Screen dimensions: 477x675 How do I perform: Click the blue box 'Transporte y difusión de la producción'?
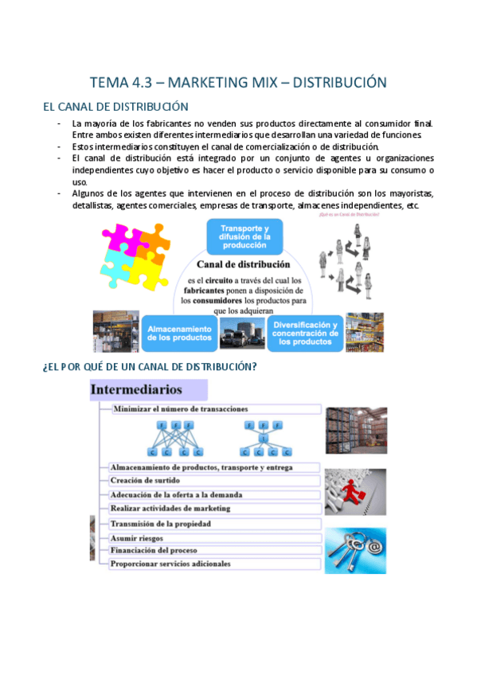tap(245, 236)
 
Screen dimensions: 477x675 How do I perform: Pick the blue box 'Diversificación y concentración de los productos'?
tap(306, 333)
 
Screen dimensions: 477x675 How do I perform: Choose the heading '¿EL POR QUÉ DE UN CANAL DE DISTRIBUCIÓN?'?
tap(148, 367)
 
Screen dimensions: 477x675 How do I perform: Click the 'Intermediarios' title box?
tap(148, 390)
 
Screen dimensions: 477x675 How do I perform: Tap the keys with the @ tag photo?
tap(355, 550)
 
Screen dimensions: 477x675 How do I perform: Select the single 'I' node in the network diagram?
tap(264, 439)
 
